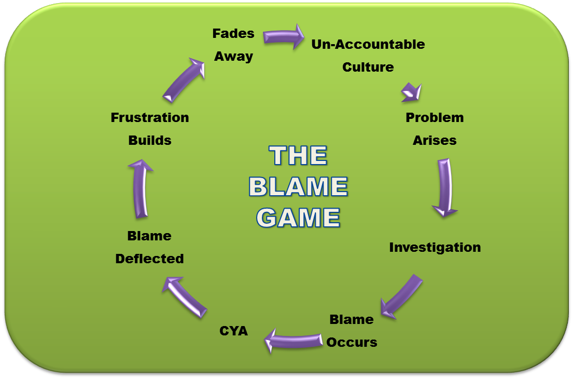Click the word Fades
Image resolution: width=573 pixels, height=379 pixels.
click(233, 34)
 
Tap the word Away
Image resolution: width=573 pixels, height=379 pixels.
click(233, 56)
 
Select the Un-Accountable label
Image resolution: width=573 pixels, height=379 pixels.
click(368, 45)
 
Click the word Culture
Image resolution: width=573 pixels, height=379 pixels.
click(368, 67)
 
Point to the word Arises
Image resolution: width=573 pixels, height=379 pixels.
click(435, 140)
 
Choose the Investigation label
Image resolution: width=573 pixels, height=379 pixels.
click(435, 247)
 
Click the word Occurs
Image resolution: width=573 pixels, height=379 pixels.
click(352, 342)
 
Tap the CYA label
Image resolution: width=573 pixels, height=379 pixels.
click(233, 330)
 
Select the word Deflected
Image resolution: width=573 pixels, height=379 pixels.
click(149, 258)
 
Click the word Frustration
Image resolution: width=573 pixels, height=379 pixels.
click(149, 117)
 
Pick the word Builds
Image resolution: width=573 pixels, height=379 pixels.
click(149, 140)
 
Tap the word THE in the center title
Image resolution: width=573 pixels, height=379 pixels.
click(298, 155)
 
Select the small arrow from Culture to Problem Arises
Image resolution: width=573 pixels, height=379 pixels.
click(412, 92)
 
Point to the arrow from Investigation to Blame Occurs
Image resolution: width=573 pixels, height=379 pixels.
click(401, 295)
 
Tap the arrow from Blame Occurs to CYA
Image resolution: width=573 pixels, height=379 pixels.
click(292, 340)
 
